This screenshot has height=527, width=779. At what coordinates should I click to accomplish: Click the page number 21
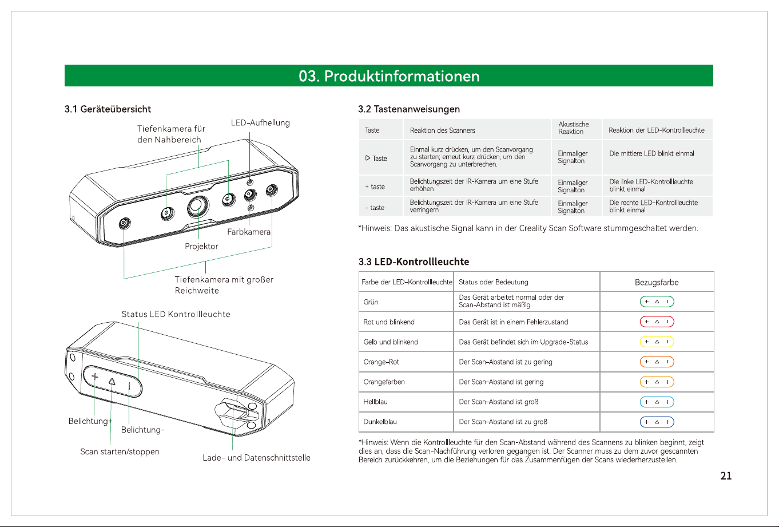pyautogui.click(x=726, y=476)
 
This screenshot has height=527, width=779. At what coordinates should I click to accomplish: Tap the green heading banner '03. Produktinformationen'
pyautogui.click(x=389, y=76)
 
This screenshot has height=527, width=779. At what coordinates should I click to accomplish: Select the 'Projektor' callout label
pyautogui.click(x=201, y=246)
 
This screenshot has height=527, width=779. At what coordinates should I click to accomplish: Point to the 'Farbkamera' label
pyautogui.click(x=249, y=232)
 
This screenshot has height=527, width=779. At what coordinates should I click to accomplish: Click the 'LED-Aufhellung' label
pyautogui.click(x=260, y=123)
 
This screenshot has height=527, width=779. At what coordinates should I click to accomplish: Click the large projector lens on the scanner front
pyautogui.click(x=198, y=206)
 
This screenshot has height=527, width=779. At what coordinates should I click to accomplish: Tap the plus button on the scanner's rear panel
pyautogui.click(x=94, y=377)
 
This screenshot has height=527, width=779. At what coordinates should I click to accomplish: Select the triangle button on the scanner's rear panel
pyautogui.click(x=112, y=382)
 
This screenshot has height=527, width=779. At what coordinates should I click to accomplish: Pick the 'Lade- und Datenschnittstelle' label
pyautogui.click(x=256, y=457)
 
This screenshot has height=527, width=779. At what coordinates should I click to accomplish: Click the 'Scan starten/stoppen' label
pyautogui.click(x=120, y=451)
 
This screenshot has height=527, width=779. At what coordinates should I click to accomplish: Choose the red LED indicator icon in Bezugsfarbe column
pyautogui.click(x=657, y=322)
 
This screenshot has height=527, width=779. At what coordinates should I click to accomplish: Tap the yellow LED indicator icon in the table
pyautogui.click(x=657, y=342)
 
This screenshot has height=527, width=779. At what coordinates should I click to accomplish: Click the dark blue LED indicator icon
pyautogui.click(x=657, y=422)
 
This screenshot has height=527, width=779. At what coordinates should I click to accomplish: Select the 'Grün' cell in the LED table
pyautogui.click(x=371, y=302)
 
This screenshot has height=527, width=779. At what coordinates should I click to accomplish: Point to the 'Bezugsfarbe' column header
pyautogui.click(x=657, y=282)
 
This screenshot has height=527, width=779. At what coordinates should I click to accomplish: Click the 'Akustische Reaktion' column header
pyautogui.click(x=574, y=128)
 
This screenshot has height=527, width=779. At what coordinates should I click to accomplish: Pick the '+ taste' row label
pyautogui.click(x=375, y=187)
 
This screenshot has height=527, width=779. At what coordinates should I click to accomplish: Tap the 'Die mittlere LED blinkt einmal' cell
pyautogui.click(x=651, y=153)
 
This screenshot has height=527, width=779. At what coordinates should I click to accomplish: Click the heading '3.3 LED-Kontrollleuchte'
pyautogui.click(x=414, y=261)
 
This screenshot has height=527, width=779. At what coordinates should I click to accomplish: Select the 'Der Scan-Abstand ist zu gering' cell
pyautogui.click(x=505, y=362)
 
